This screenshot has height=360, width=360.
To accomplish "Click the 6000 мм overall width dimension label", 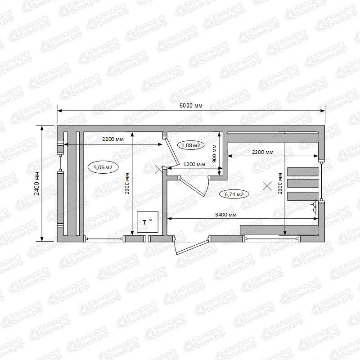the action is click(191, 106).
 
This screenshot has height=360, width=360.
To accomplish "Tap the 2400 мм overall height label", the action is click(37, 184).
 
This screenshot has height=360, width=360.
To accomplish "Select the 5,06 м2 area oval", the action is click(103, 167).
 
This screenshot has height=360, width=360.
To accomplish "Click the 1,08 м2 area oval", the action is click(191, 145).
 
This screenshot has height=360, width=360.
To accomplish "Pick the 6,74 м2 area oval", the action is click(234, 194).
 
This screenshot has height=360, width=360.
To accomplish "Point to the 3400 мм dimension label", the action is click(226, 215).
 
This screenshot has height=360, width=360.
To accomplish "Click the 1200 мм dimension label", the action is click(194, 164).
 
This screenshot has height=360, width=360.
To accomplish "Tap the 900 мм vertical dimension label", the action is click(215, 153).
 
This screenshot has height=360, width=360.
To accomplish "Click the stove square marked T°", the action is click(148, 222).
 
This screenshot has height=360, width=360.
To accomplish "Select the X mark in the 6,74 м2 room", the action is click(267, 186).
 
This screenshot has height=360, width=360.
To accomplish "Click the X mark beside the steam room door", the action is click(159, 169).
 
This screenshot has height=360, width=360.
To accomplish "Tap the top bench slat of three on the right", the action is click(303, 171).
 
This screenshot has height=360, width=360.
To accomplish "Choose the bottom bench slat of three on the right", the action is click(303, 196).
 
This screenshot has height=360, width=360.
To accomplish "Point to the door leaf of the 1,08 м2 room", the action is click(173, 152).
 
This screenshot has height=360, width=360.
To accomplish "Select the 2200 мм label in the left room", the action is click(113, 139).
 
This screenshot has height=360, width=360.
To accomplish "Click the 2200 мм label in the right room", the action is click(263, 152).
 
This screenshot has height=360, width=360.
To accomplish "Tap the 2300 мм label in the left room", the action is click(127, 184).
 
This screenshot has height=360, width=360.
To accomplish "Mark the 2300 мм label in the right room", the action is click(280, 184).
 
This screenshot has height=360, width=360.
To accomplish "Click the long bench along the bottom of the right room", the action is click(279, 230).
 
